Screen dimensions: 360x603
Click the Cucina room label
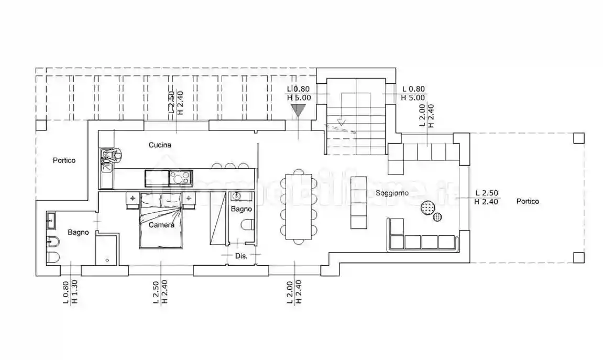pyautogui.click(x=160, y=145)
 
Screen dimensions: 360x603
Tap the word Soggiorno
pyautogui.click(x=392, y=193)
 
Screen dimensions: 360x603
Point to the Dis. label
pyautogui.click(x=241, y=256)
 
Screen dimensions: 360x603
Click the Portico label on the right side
pyautogui.click(x=527, y=201)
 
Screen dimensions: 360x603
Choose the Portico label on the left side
pyautogui.click(x=64, y=161)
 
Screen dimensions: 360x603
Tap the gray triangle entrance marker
pyautogui.click(x=298, y=110)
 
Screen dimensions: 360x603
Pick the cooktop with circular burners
pyautogui.click(x=180, y=178)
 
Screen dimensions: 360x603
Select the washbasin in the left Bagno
pyautogui.click(x=51, y=220)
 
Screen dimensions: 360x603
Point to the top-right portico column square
pyautogui.click(x=578, y=138)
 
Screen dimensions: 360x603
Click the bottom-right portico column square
pyautogui.click(x=578, y=257)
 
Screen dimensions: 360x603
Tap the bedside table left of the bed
pyautogui.click(x=133, y=199)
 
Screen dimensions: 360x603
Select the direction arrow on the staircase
pyautogui.click(x=342, y=123)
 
